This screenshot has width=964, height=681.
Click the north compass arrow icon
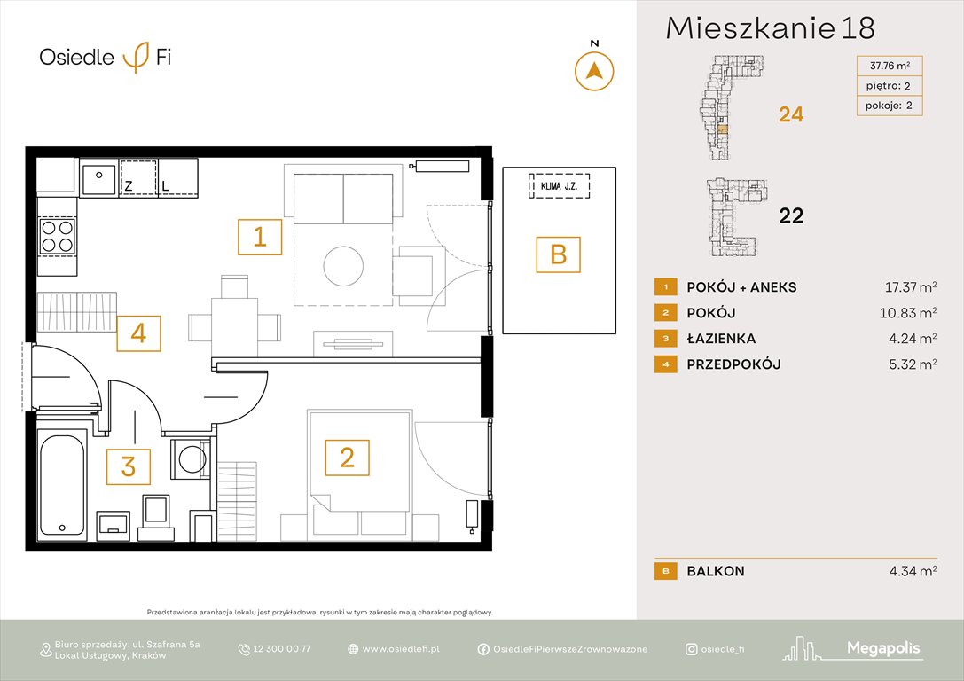tap(595, 70)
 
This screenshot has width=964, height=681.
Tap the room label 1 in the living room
tap(260, 238)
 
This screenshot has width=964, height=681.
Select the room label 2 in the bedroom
tap(347, 458)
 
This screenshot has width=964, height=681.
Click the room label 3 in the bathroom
tap(129, 466)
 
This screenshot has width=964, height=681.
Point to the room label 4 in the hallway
tap(137, 333)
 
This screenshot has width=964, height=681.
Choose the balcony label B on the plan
tap(558, 254)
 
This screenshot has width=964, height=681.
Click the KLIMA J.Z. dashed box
tap(559, 186)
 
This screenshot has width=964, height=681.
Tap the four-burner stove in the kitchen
tap(58, 236)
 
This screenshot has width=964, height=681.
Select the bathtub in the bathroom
tap(62, 483)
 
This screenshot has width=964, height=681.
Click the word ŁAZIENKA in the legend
tap(721, 339)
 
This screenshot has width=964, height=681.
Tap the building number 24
tap(790, 114)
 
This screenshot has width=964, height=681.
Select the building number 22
tap(790, 215)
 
